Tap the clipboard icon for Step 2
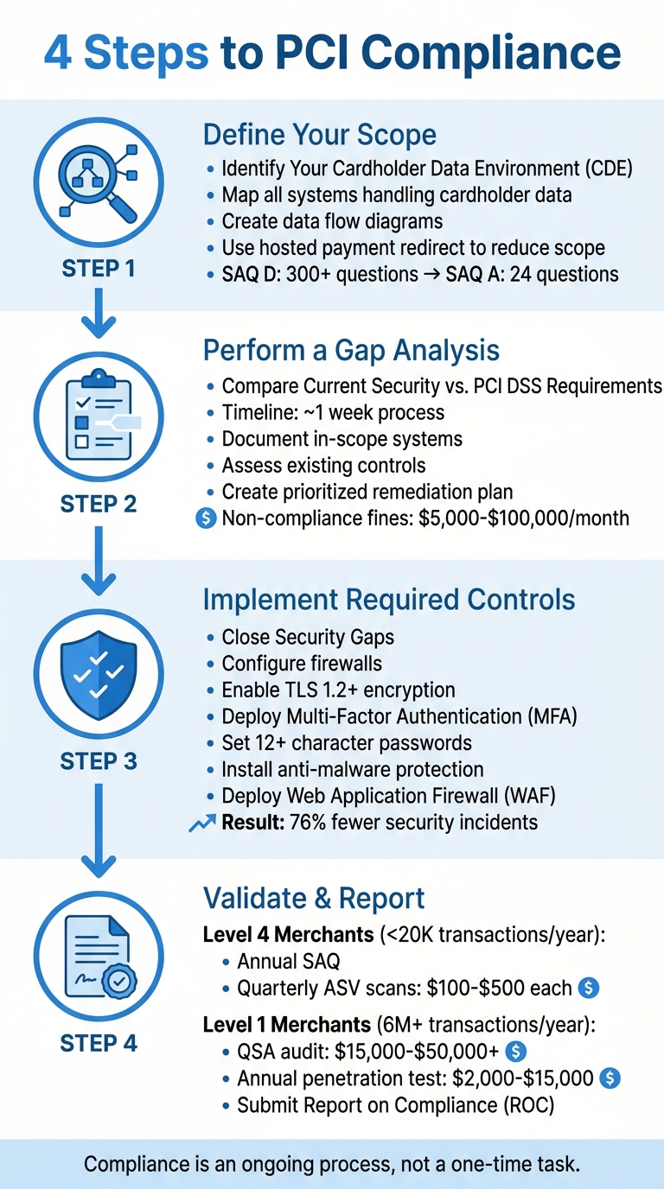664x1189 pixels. (98, 415)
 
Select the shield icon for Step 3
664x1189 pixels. (98, 674)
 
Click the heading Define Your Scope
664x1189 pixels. (319, 135)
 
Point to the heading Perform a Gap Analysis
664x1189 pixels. (351, 350)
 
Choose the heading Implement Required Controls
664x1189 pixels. (388, 599)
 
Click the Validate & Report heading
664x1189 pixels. (314, 898)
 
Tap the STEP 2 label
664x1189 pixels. (98, 504)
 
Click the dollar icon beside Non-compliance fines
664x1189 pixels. (207, 518)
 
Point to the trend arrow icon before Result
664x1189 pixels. (201, 823)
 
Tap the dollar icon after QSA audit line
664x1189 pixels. (516, 1051)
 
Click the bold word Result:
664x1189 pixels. (252, 822)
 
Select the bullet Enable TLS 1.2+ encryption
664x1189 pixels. (338, 690)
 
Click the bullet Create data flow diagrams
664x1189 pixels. (332, 221)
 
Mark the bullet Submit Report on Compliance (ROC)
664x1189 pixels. (396, 1105)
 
